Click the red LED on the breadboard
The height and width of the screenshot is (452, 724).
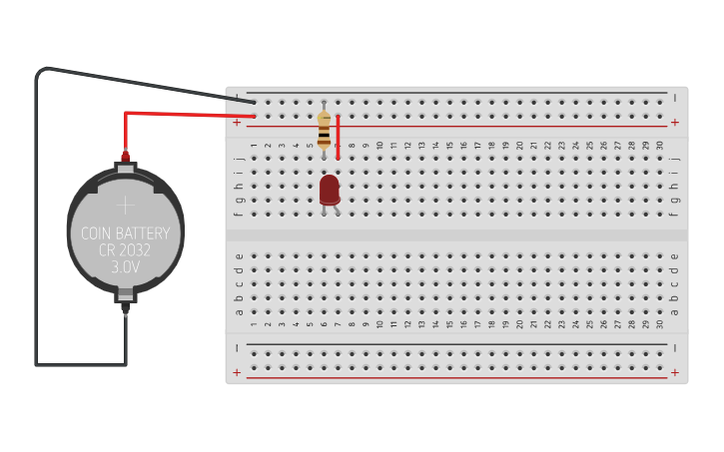point(330,190)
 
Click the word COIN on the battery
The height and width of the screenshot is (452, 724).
point(100,234)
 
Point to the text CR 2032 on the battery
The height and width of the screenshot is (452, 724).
point(125,251)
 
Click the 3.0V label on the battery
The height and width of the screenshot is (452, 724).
point(125,268)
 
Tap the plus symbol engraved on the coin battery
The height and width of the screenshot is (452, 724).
point(125,206)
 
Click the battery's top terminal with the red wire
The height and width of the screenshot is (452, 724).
point(126,158)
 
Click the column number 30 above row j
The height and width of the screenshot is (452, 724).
point(660,145)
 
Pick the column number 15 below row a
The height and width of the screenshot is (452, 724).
point(450,324)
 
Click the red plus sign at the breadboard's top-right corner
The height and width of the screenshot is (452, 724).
point(675,123)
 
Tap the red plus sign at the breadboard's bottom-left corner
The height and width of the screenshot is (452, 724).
point(237,373)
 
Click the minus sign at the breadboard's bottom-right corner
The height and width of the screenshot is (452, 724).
point(675,347)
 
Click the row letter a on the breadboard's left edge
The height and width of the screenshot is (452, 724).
point(239,311)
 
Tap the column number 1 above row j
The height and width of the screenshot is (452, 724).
point(255,145)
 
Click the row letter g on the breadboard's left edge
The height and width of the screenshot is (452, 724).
point(239,200)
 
